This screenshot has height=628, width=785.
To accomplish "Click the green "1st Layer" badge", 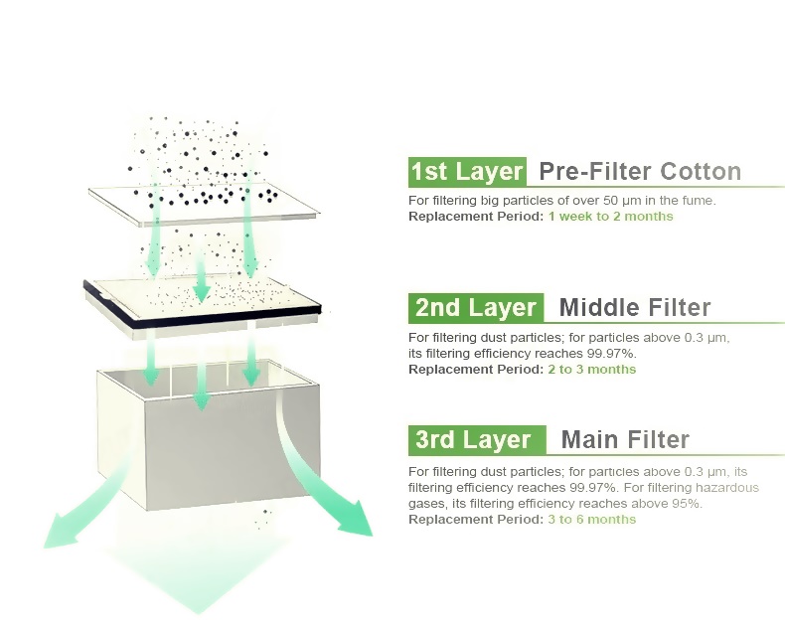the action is [467, 172].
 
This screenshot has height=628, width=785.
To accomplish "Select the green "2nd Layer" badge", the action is [476, 307].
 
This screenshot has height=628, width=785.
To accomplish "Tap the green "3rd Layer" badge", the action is [477, 440].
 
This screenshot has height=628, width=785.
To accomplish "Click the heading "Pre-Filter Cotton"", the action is [640, 171].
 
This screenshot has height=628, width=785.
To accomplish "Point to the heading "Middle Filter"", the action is [635, 307].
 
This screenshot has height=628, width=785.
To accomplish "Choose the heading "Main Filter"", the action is [625, 440].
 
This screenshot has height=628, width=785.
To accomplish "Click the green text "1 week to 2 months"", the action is [610, 217].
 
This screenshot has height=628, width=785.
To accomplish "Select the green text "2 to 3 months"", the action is [592, 370].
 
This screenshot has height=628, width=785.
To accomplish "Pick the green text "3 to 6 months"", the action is [592, 520].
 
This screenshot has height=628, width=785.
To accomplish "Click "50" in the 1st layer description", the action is [610, 201].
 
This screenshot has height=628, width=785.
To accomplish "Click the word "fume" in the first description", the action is [699, 201].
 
